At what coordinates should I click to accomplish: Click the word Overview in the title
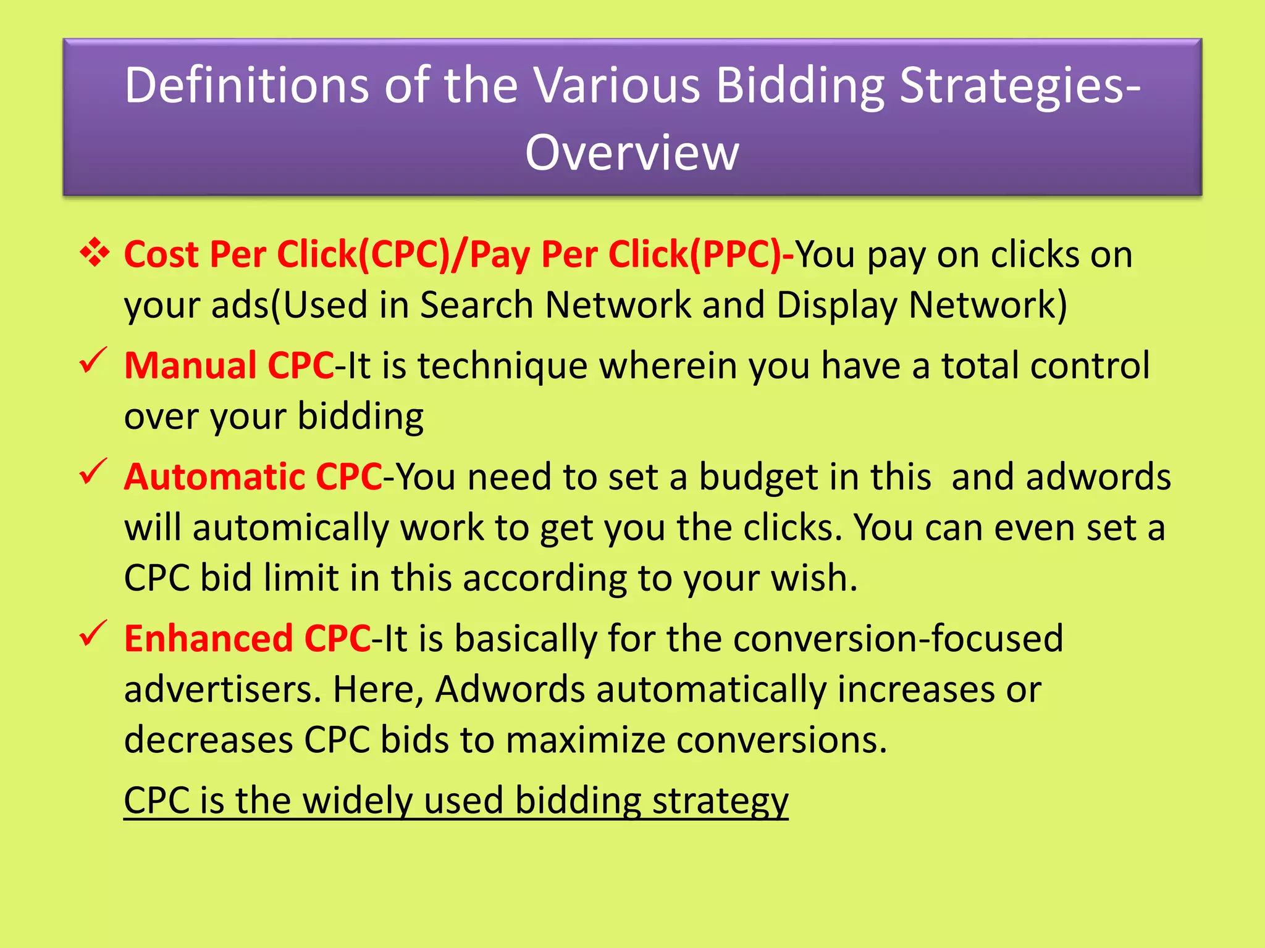[632, 152]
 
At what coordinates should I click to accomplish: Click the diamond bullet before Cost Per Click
[95, 253]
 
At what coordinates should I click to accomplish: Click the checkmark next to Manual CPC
[93, 360]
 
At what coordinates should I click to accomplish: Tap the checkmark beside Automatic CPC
[93, 472]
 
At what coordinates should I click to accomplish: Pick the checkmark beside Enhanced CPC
[93, 634]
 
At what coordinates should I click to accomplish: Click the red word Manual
[190, 365]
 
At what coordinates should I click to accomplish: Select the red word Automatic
[214, 477]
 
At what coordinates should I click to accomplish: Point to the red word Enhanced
[208, 639]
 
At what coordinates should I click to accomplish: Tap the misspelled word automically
[290, 528]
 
